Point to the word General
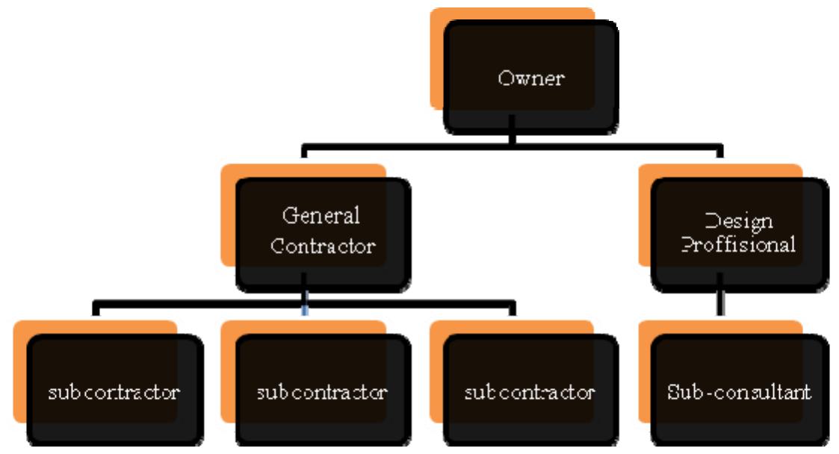(x=321, y=216)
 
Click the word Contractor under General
(x=323, y=246)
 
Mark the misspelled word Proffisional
(x=740, y=245)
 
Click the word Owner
(x=530, y=78)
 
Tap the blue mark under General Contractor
(x=304, y=310)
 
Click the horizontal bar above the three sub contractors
(x=194, y=304)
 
